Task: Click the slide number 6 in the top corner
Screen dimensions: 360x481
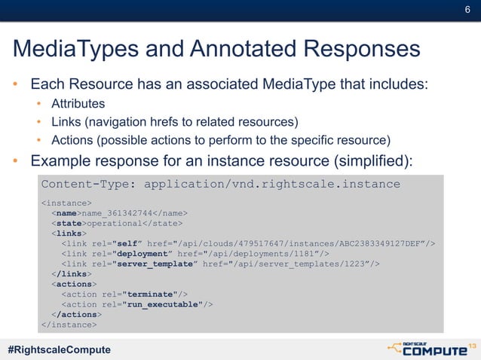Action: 467,10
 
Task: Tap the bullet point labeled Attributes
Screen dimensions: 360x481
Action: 78,103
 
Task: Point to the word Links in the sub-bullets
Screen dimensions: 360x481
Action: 65,121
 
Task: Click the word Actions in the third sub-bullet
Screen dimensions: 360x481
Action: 72,139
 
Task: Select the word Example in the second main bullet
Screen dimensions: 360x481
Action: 59,160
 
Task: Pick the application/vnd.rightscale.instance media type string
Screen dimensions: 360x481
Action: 271,185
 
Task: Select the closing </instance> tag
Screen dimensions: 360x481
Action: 69,325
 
